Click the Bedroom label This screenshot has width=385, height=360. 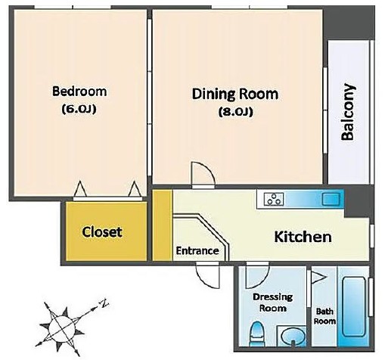tap(79, 92)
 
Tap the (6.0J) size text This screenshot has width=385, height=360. tap(79, 109)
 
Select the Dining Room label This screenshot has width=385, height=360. tap(235, 94)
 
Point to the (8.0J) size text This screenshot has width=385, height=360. tap(235, 112)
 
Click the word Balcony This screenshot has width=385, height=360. tap(348, 112)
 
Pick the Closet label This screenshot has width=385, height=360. tap(102, 232)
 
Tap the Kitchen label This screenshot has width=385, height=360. tap(303, 237)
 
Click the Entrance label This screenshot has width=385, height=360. tap(197, 251)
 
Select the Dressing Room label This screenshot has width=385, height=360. tap(273, 303)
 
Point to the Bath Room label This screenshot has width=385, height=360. tap(324, 316)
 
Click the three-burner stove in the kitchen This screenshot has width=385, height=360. tap(274, 199)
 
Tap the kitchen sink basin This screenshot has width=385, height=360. tap(331, 199)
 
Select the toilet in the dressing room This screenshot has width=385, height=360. tap(256, 334)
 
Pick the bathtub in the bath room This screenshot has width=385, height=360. tap(354, 307)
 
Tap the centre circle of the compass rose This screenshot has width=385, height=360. tap(62, 327)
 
